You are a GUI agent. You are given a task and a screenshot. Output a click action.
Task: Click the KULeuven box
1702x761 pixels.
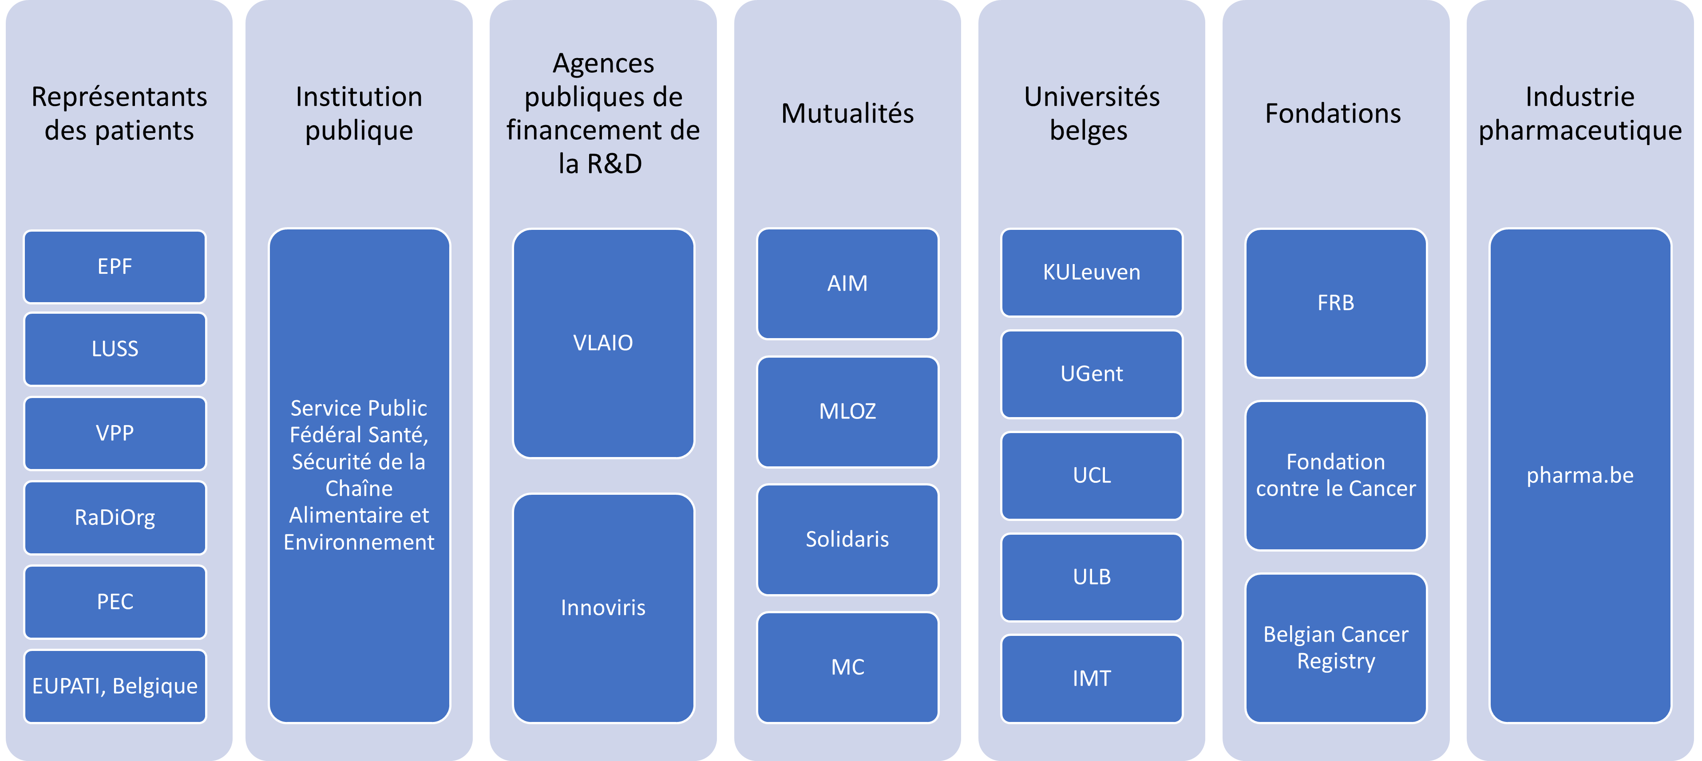[x=1092, y=272]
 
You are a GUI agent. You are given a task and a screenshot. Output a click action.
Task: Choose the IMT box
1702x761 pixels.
[x=1092, y=678]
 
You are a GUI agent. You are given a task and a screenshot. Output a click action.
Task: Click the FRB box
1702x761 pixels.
[x=1335, y=303]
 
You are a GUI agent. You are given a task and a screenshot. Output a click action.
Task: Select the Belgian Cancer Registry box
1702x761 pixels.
[x=1335, y=647]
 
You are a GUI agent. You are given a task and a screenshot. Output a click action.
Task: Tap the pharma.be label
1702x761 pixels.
[x=1580, y=475]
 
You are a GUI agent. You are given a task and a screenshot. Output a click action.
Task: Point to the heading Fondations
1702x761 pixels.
[x=1333, y=114]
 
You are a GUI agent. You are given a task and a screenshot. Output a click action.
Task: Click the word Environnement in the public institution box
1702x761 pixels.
[x=359, y=542]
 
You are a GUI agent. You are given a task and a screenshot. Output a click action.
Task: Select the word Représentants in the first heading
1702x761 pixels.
[x=119, y=96]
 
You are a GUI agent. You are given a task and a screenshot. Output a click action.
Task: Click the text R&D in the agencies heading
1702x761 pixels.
[x=614, y=164]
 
